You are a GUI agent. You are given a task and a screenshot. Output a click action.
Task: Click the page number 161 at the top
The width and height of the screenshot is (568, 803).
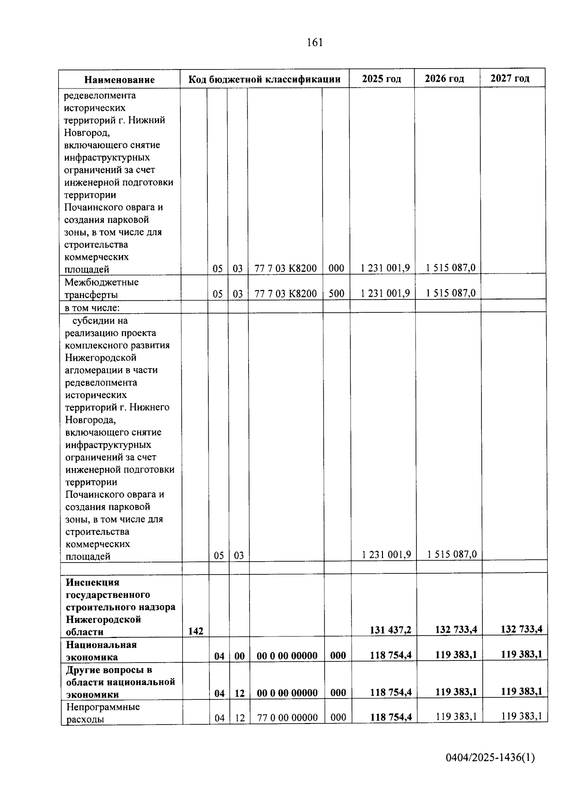(315, 43)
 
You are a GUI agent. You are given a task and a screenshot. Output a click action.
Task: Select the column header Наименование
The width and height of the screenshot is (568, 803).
(120, 79)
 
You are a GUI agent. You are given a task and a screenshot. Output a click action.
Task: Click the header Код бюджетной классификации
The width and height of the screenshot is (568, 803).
(265, 79)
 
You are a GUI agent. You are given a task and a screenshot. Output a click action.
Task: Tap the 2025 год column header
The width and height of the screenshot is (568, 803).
(382, 79)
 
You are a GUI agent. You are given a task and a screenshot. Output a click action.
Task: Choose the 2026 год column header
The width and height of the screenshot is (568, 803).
(444, 79)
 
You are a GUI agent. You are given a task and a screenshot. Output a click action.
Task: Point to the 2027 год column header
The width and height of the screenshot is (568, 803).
(510, 78)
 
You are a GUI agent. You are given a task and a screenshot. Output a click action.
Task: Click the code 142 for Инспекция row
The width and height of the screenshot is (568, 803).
(195, 631)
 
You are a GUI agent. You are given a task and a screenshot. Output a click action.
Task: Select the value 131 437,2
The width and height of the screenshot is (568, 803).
(390, 629)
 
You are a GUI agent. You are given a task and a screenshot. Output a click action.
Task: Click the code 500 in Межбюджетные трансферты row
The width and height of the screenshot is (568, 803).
(336, 293)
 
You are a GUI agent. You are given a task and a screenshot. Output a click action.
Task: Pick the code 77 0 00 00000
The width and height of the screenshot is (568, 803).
(287, 717)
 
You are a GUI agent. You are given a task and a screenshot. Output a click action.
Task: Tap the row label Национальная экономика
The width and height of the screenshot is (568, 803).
(101, 651)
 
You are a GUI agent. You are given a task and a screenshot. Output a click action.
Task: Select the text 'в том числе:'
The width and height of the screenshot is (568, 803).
(92, 308)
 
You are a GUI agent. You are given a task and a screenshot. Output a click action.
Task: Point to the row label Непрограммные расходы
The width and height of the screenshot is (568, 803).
(103, 713)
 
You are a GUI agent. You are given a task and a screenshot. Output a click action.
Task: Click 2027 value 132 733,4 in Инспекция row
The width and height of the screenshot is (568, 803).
(521, 629)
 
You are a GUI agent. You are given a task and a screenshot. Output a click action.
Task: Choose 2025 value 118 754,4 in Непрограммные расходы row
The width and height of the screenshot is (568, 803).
(390, 717)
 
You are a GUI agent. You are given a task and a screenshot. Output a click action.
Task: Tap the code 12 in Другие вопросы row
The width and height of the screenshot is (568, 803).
(240, 693)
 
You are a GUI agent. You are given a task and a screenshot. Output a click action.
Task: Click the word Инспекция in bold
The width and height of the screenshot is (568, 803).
(93, 582)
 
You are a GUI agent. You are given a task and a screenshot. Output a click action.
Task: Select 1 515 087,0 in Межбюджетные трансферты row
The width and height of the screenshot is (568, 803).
(451, 293)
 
